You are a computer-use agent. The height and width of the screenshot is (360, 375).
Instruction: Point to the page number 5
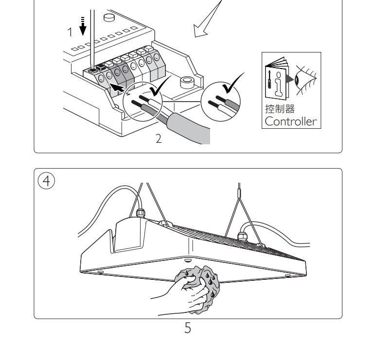tap(188, 329)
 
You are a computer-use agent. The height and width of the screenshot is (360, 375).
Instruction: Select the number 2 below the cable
tap(159, 138)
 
